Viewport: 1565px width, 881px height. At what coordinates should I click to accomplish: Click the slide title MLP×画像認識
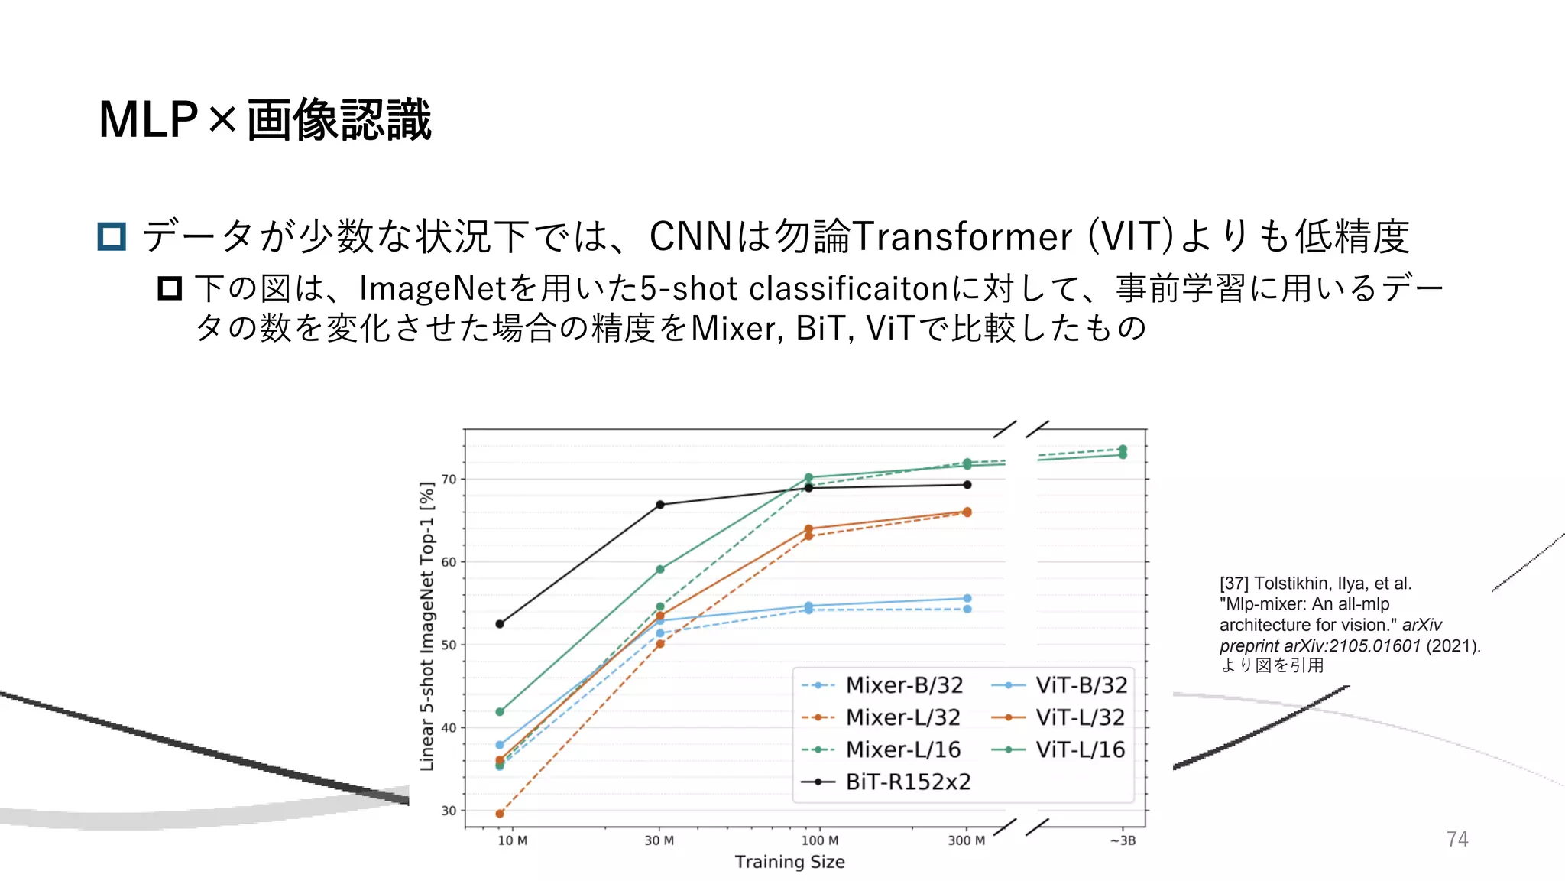click(265, 120)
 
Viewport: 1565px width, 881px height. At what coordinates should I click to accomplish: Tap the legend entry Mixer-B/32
click(904, 685)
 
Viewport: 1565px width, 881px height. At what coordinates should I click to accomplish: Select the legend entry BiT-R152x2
click(908, 782)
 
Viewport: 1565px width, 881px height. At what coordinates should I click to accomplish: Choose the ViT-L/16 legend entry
click(1080, 749)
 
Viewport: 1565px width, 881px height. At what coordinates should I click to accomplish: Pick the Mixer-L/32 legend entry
click(902, 717)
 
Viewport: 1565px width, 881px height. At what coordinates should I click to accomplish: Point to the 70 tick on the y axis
click(449, 480)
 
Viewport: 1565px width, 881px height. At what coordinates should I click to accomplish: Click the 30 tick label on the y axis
click(449, 811)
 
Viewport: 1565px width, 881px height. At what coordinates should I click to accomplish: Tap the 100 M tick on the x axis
click(819, 840)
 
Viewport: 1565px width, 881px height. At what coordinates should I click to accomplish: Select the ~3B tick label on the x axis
click(1123, 840)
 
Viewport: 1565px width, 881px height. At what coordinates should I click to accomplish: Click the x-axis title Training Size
click(789, 862)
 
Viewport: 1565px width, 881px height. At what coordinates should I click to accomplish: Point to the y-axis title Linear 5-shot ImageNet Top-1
click(427, 626)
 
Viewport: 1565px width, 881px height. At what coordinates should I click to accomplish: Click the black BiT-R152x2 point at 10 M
click(500, 624)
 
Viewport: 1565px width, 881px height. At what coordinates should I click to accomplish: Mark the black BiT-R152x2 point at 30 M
click(660, 505)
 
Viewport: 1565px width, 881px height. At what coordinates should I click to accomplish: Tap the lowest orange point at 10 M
click(500, 814)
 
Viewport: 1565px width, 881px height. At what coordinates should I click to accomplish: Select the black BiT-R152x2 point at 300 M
click(967, 485)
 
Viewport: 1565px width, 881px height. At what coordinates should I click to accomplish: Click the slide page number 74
click(1456, 839)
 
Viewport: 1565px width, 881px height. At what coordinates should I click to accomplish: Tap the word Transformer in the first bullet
click(962, 236)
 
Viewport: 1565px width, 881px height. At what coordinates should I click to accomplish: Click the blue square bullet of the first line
click(112, 236)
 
